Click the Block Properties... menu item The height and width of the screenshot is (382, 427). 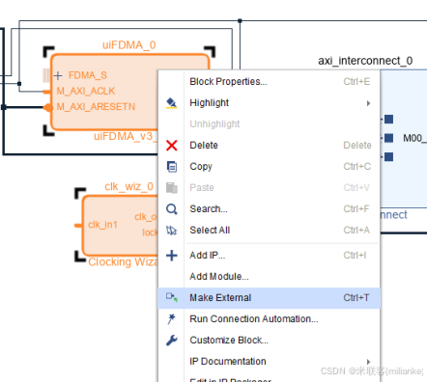(228, 81)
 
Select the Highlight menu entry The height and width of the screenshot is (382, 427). (209, 102)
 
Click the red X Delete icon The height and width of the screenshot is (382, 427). (172, 145)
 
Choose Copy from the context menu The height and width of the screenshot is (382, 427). (201, 166)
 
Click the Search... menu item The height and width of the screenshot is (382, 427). (209, 208)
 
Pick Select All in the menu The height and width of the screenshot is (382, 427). (210, 230)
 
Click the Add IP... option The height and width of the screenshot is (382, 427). (207, 255)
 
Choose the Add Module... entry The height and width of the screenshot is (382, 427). (218, 276)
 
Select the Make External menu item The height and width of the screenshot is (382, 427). (220, 297)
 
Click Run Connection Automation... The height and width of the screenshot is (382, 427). (253, 318)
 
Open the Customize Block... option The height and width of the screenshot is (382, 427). (229, 340)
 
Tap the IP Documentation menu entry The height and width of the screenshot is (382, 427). (227, 361)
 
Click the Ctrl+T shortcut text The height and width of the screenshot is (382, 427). (356, 297)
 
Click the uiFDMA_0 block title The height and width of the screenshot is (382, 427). (128, 44)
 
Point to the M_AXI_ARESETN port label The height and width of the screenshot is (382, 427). (95, 106)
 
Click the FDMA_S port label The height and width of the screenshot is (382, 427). (88, 75)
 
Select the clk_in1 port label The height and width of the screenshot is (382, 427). (102, 225)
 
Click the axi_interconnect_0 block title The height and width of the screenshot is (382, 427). (365, 60)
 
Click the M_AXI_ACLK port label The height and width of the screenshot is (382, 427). (87, 91)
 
